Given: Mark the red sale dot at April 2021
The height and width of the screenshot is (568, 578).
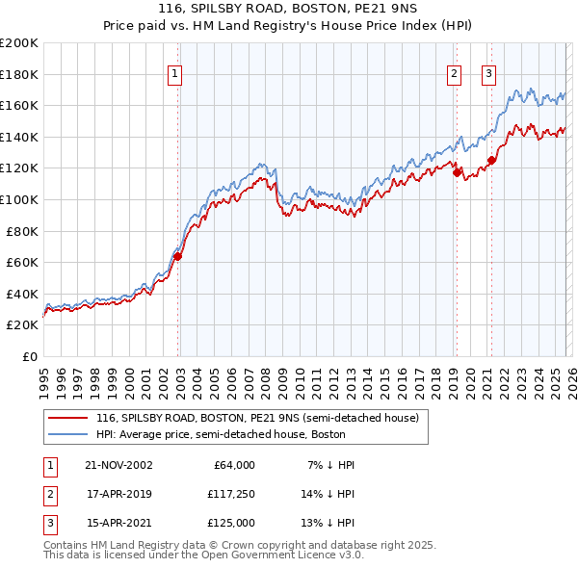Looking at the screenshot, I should coord(491,160).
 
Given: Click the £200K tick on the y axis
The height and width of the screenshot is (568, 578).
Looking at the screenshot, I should coord(19,43).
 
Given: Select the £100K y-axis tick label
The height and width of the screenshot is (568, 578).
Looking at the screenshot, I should coord(19,199).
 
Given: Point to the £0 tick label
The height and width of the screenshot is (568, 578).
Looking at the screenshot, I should coord(29,356).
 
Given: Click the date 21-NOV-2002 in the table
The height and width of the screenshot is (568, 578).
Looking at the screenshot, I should coord(118,465).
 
